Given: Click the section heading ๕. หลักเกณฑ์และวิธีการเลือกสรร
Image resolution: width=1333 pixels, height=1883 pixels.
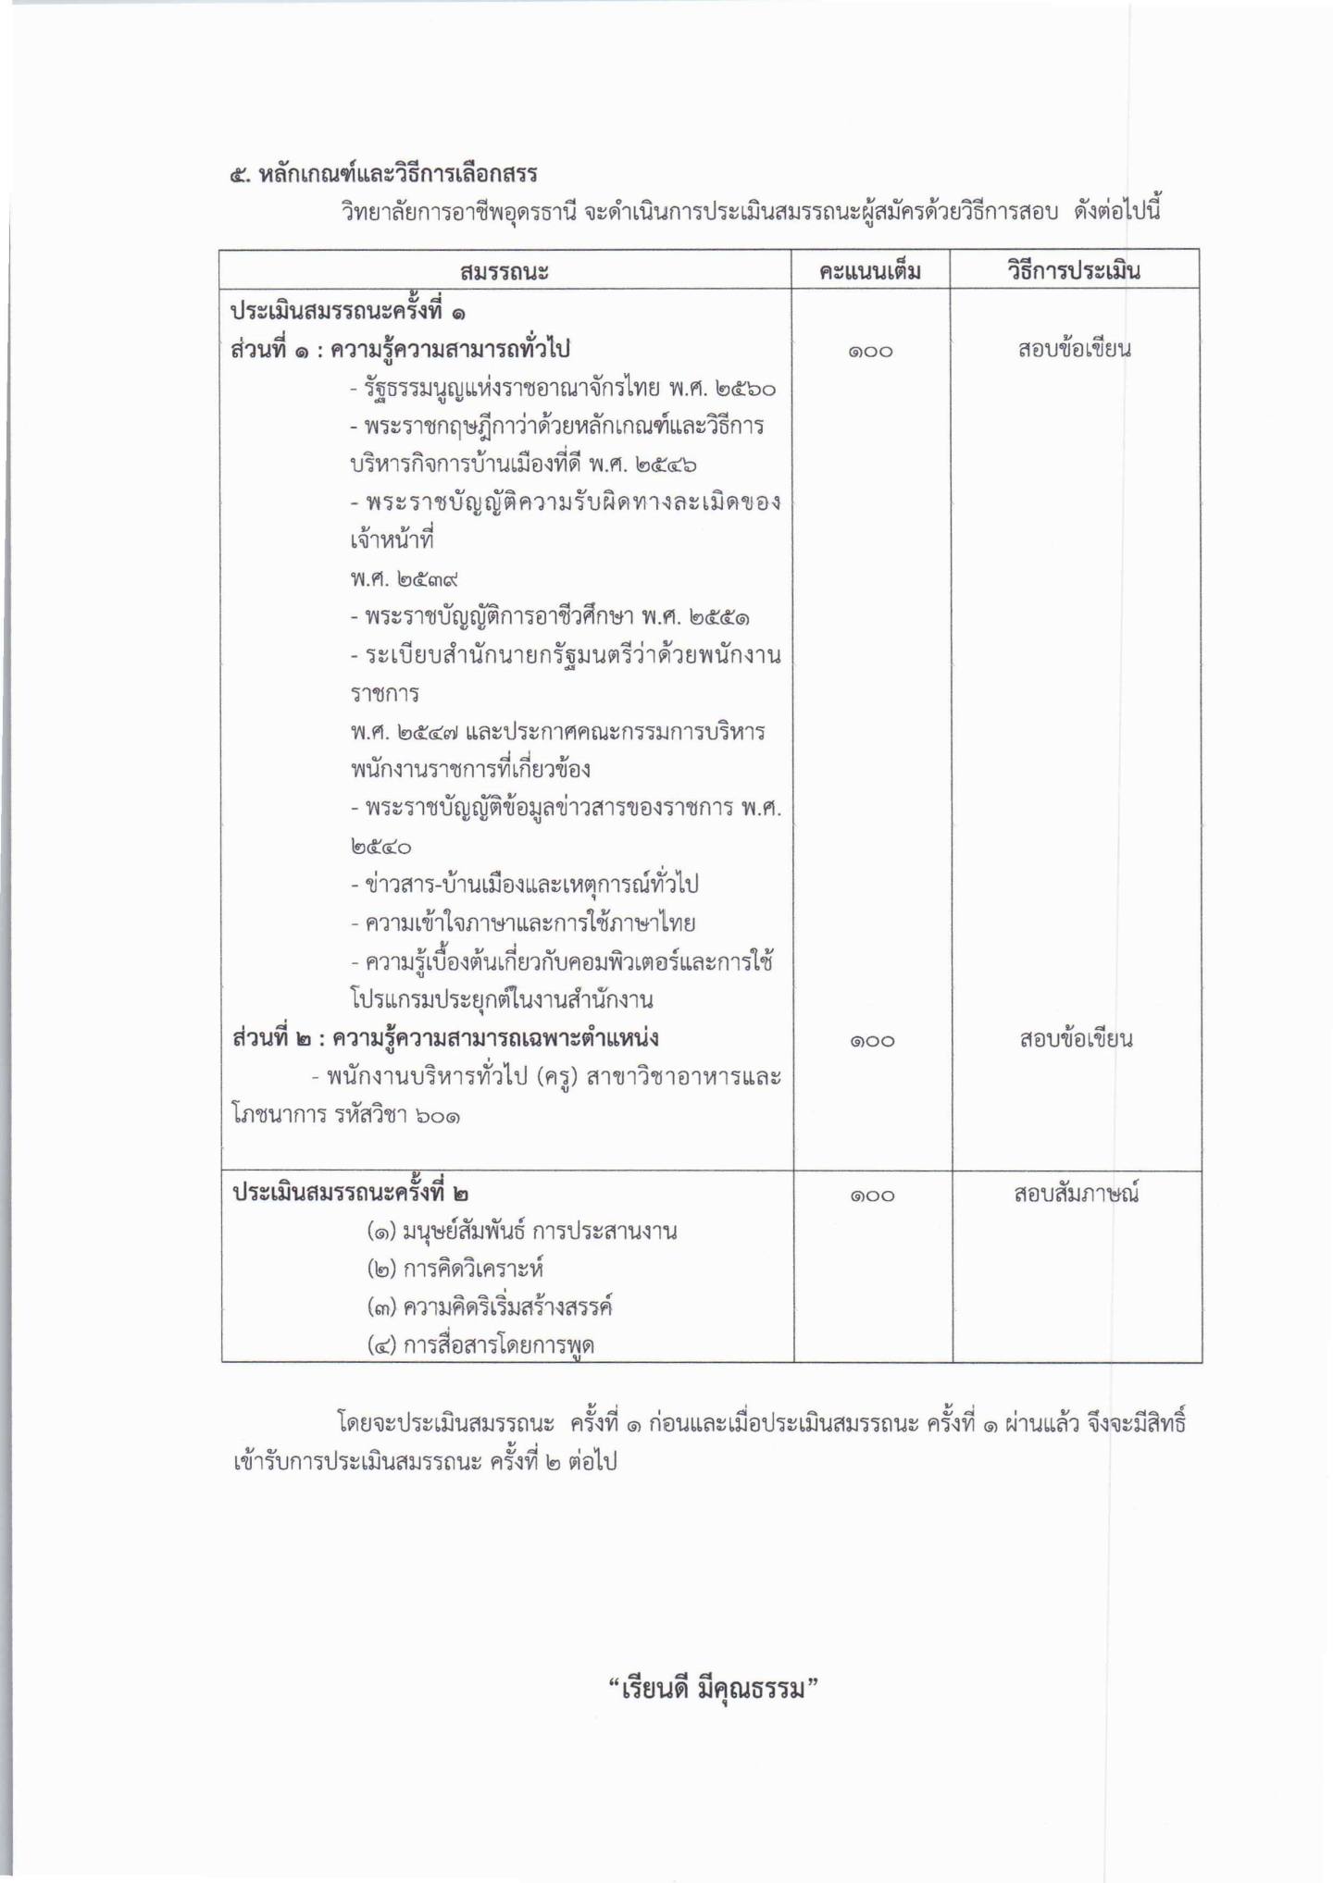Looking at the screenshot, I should click(384, 173).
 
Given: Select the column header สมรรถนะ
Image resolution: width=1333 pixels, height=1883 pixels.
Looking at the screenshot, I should click(504, 271).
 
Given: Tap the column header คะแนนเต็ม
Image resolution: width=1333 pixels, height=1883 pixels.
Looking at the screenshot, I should click(870, 271).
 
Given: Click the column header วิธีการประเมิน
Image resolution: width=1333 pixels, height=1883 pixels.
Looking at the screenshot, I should click(1074, 271).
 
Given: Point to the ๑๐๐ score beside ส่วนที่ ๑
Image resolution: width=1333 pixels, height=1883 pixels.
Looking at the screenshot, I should click(870, 351).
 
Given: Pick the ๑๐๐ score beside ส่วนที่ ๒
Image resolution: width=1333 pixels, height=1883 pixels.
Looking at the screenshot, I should click(871, 1040).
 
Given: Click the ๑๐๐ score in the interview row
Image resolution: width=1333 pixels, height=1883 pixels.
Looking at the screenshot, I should click(871, 1195).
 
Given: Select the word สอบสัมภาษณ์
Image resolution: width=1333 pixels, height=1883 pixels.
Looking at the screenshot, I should click(1075, 1194).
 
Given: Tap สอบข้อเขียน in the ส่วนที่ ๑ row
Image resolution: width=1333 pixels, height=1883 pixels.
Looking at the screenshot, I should click(1074, 349).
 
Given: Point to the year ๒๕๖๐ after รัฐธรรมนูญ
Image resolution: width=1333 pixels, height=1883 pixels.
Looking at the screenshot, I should click(745, 388).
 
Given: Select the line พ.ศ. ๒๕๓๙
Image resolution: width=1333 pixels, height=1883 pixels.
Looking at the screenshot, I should click(405, 579).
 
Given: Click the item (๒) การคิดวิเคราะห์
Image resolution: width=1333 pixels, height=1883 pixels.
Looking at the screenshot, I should click(455, 1269).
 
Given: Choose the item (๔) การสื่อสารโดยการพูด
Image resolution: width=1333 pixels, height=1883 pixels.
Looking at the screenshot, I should click(480, 1345).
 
